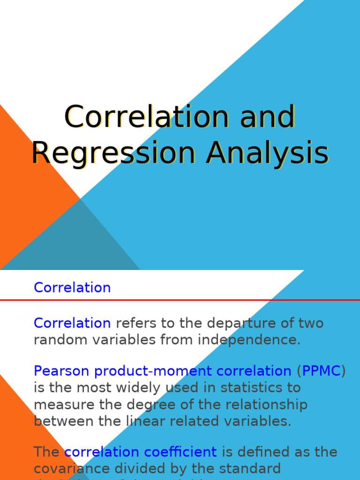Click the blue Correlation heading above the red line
point(72,287)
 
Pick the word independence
point(248,340)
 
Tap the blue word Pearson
point(62,371)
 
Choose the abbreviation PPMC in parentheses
point(322,371)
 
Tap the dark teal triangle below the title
point(75,244)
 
